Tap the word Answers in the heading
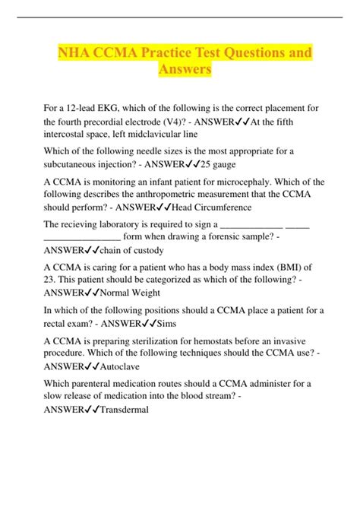[180, 71]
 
